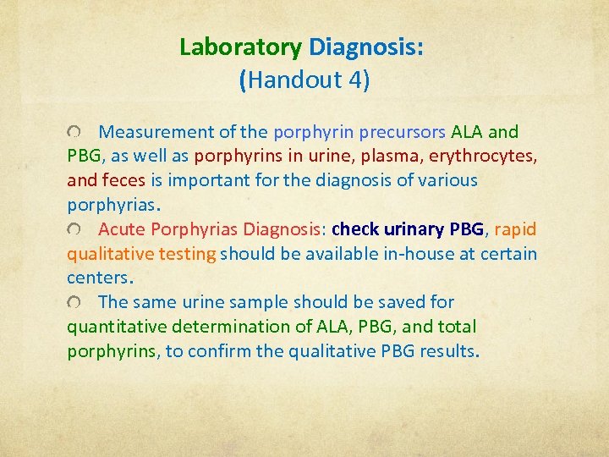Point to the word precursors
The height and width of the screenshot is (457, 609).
(402, 132)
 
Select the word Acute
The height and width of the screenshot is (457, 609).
(122, 229)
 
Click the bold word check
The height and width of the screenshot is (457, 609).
(355, 229)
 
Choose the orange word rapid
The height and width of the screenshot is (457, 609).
(514, 229)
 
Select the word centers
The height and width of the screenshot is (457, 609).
(96, 278)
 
